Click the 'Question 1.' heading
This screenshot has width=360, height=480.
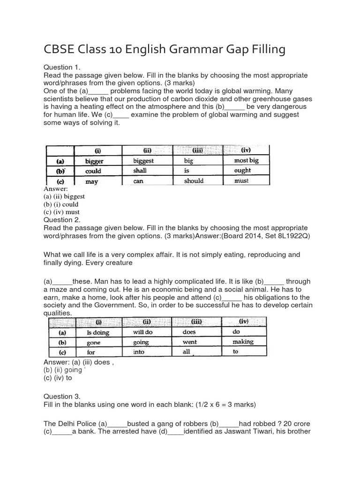[62, 67]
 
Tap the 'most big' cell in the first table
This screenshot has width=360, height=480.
[246, 161]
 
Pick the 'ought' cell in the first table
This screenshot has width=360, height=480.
[242, 171]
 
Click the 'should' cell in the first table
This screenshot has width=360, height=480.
[194, 181]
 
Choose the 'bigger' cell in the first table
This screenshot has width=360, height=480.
[96, 161]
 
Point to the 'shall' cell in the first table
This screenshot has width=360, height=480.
[140, 171]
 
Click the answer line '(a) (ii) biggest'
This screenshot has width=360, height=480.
[64, 197]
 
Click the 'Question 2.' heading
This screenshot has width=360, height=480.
[62, 219]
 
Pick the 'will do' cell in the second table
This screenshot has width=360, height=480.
[143, 332]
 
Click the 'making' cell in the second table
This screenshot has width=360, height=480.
[243, 342]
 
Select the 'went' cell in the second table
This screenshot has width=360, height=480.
[190, 342]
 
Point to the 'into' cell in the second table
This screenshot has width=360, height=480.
[139, 352]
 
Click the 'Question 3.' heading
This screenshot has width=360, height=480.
[62, 397]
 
